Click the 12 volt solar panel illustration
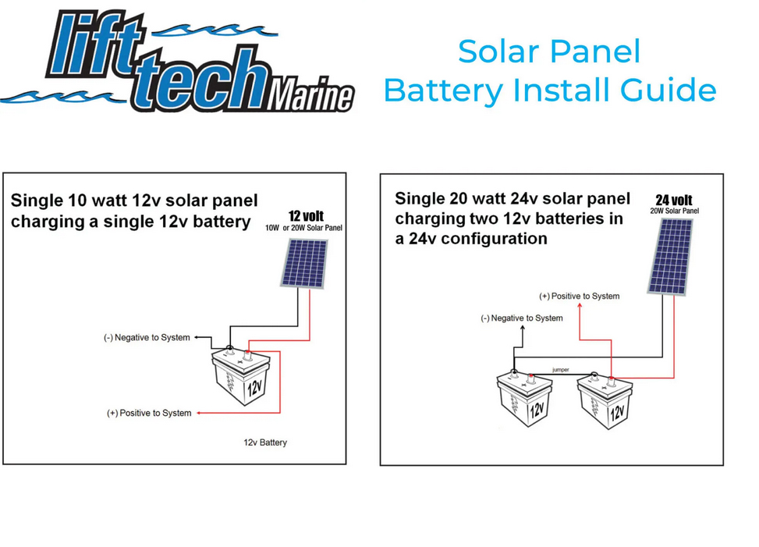[304, 263]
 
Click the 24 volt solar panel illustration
[670, 257]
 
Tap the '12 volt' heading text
[306, 216]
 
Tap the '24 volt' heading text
[674, 200]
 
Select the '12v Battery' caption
[265, 442]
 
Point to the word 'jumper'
[561, 370]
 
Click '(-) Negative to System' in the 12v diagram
[147, 337]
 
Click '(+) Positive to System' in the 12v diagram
[149, 413]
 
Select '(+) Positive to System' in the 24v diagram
[580, 296]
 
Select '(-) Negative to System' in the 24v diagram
[522, 318]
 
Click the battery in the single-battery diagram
[240, 376]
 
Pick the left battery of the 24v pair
[525, 398]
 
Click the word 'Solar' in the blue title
[498, 52]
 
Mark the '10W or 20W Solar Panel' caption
[303, 228]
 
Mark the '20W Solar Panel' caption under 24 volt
[674, 211]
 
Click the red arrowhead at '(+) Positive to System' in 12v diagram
[199, 413]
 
